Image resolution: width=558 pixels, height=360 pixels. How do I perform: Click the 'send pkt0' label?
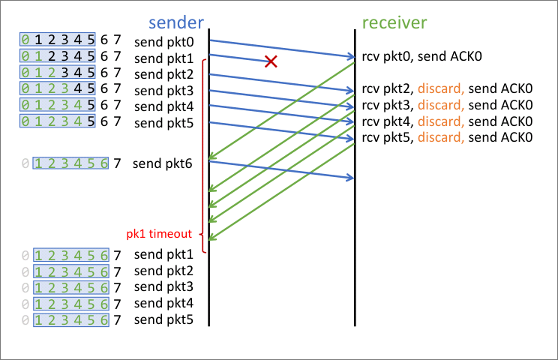point(164,40)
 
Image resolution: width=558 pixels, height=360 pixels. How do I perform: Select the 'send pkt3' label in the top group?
point(164,90)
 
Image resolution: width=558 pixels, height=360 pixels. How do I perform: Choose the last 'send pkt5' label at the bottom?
point(164,319)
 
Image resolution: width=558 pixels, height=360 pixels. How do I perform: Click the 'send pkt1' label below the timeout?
point(164,253)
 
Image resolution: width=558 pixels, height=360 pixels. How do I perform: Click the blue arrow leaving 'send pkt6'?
point(281,169)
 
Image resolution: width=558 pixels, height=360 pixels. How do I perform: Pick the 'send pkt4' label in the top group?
point(164,106)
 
